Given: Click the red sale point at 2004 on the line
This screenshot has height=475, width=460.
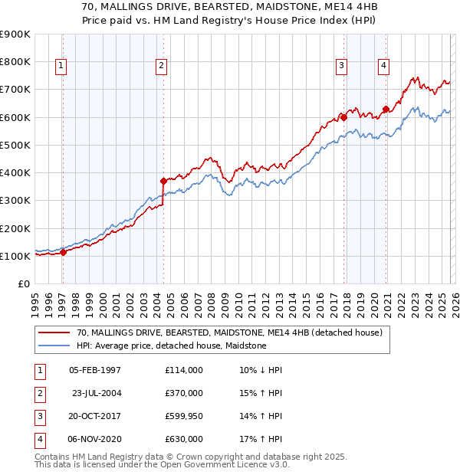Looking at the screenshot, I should point(163,181).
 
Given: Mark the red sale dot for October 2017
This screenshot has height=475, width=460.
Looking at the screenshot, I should point(343,117).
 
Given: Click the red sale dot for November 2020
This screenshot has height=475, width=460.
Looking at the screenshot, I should point(385,109).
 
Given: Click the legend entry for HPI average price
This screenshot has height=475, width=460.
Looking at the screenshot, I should point(171,346).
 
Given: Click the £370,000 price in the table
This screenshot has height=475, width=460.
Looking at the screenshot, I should point(184,393).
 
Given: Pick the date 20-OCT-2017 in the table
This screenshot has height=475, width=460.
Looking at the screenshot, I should point(95,416).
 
